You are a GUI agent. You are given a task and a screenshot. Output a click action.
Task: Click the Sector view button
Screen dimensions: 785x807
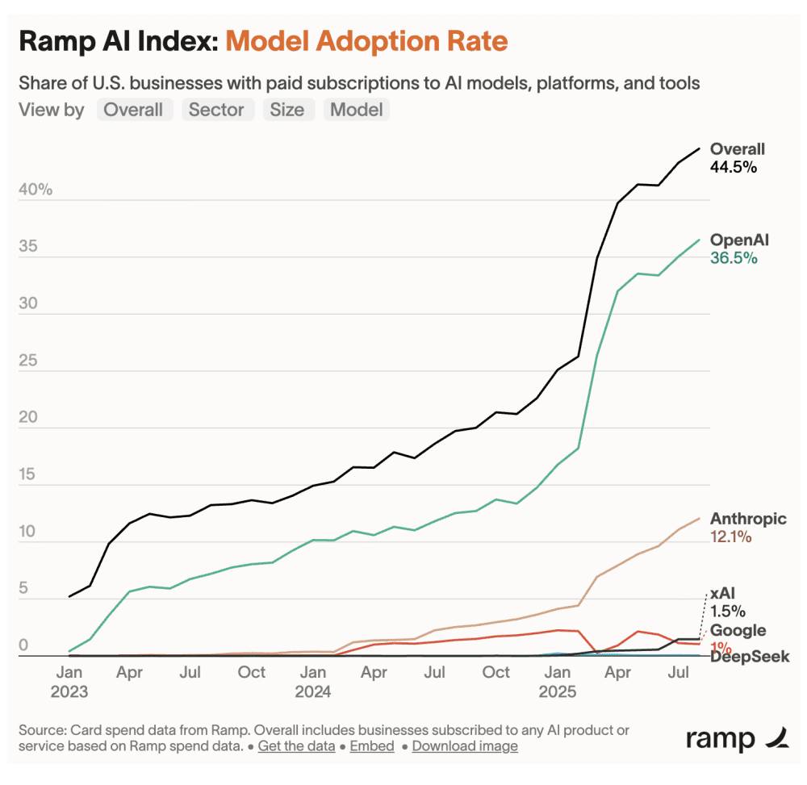click(x=216, y=110)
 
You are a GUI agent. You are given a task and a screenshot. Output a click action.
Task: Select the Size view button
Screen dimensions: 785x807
click(x=286, y=110)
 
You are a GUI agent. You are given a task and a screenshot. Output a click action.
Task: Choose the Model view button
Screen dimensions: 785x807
click(x=356, y=110)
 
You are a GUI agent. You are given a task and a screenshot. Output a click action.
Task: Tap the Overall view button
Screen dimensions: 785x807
click(x=133, y=110)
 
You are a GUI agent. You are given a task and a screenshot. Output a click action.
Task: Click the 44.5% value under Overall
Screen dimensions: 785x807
click(x=733, y=167)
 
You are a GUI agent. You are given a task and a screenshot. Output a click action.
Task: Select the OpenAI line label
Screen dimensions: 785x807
click(x=739, y=240)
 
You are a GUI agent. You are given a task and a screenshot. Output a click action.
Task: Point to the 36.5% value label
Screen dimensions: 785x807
click(x=733, y=258)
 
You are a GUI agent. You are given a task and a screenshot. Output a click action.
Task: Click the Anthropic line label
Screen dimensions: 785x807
click(x=748, y=519)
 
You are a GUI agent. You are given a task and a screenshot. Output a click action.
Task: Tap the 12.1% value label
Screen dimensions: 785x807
click(x=730, y=537)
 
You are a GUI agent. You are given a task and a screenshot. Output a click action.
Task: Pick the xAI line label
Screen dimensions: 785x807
click(x=722, y=594)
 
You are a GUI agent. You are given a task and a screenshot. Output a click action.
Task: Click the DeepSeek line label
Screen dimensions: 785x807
click(x=750, y=657)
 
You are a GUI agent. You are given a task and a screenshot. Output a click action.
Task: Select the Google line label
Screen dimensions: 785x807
click(x=738, y=630)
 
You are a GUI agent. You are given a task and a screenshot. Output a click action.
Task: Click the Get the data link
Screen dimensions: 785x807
click(x=296, y=745)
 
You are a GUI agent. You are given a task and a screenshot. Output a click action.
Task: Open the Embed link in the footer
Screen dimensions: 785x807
click(x=372, y=745)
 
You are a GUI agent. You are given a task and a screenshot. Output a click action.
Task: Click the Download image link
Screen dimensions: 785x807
click(x=465, y=745)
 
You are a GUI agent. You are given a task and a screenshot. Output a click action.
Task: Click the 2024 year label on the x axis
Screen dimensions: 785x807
click(x=313, y=691)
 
